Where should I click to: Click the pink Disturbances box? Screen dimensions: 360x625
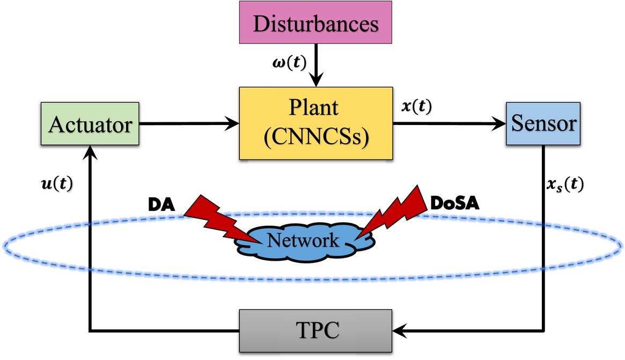click(315, 25)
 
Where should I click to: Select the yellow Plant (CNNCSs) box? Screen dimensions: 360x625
click(315, 123)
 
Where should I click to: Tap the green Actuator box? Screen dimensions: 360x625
click(90, 124)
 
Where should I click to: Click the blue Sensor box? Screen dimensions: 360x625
click(543, 124)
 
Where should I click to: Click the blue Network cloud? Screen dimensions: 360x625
click(303, 241)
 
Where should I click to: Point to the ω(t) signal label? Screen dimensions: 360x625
click(289, 63)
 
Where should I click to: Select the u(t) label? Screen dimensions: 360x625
click(56, 183)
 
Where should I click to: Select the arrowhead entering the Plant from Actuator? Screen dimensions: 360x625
click(233, 124)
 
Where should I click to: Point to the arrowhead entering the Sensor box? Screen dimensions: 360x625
click(500, 124)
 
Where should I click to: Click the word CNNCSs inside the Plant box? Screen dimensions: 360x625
click(315, 138)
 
